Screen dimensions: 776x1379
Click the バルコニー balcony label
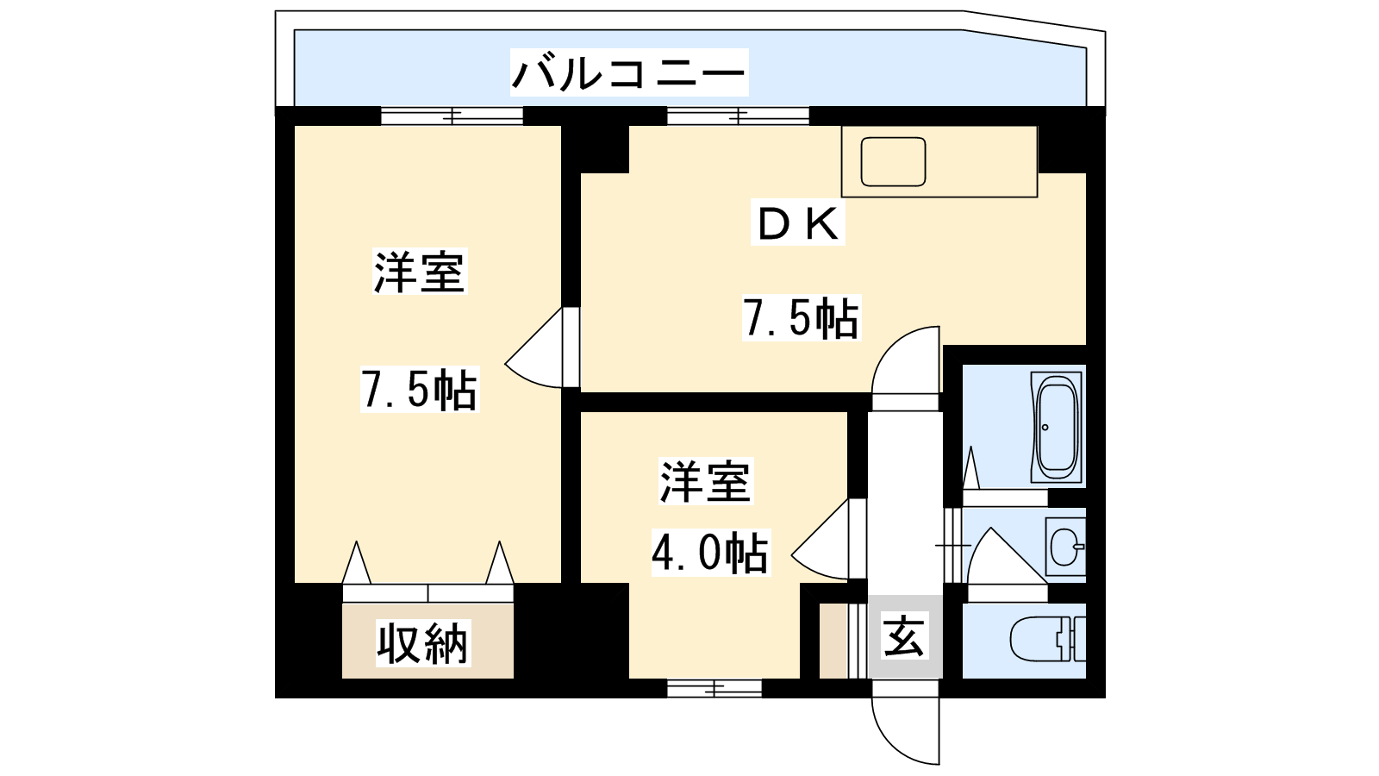tap(628, 72)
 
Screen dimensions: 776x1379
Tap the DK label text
tap(797, 224)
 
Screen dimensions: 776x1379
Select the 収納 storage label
tap(422, 643)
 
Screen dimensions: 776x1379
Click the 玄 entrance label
tap(904, 638)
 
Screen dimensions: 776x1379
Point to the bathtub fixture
tap(1057, 427)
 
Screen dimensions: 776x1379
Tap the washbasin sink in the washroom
tap(1066, 546)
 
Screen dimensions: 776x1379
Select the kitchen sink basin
tap(894, 162)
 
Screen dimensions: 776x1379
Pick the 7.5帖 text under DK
tap(801, 319)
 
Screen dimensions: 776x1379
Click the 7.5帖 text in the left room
tap(419, 390)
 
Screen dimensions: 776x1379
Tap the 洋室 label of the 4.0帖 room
tap(706, 481)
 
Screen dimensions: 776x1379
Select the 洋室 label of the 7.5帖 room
tap(420, 272)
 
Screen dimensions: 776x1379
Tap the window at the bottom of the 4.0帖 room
tap(714, 688)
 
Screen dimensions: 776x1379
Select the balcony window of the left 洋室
tap(452, 116)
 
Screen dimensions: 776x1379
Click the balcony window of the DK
tap(738, 116)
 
